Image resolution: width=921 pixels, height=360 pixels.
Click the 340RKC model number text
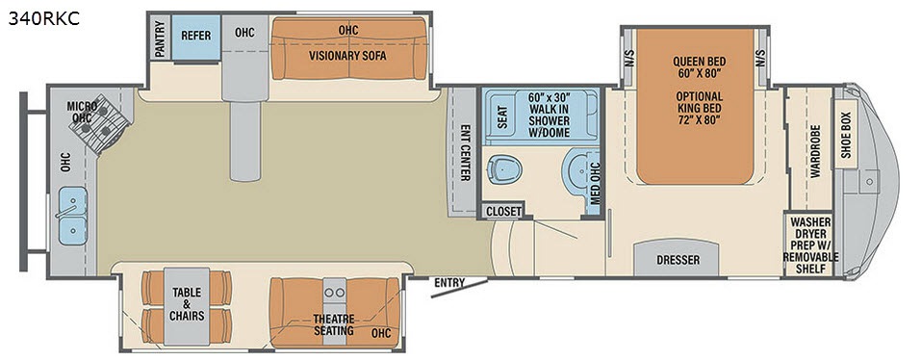tap(44, 19)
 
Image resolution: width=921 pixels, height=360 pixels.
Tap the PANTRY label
tap(159, 38)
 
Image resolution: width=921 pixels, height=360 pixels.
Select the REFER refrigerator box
tap(195, 37)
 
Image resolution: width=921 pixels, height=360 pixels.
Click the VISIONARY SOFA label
tap(347, 57)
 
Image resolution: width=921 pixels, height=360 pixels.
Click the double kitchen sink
tap(72, 216)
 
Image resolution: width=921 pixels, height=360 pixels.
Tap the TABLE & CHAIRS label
tap(187, 303)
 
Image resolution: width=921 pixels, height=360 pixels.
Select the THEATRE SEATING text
tap(334, 324)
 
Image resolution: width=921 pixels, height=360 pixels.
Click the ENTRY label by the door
tap(449, 283)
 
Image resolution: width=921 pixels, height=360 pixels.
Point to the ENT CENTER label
tap(465, 153)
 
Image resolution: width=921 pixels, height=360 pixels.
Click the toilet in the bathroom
tap(504, 167)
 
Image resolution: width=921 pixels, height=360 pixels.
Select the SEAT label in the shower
tap(502, 116)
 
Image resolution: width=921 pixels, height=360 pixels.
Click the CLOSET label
tap(503, 212)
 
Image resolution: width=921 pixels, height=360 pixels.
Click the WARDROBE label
tap(815, 150)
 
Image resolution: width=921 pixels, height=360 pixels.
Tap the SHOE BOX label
tap(846, 135)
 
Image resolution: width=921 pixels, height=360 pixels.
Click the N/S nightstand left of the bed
tap(629, 58)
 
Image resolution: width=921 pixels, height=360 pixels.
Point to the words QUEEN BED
tap(699, 61)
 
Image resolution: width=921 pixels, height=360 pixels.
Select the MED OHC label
tap(596, 183)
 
